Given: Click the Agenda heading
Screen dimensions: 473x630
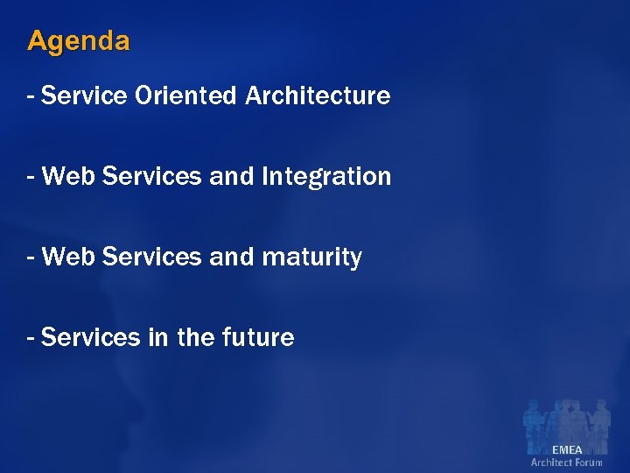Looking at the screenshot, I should pos(79,41).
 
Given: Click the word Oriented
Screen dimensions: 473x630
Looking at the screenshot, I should pos(185,95).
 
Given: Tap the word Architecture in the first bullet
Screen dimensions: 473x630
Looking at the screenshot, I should pos(318,95).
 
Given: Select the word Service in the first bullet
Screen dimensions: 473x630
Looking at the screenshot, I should pos(84,95).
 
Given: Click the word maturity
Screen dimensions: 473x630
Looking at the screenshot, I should pos(311,258).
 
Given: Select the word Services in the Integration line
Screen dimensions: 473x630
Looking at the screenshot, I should pos(152,177).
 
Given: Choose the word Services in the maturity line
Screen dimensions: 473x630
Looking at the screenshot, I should pos(152,258).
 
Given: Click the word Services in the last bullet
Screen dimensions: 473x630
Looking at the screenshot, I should pos(91,337).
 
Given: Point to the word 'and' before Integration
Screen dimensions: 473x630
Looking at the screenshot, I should pos(231,177).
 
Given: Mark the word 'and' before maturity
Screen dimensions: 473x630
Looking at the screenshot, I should pos(231,258).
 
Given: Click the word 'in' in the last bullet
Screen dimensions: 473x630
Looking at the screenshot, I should pos(158,337).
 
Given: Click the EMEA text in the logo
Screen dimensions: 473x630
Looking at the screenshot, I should pos(567,450).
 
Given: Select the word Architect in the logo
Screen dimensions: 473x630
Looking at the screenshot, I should pos(551,462).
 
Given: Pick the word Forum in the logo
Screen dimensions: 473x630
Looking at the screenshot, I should pos(588,462).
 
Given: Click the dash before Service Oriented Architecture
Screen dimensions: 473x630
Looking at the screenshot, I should pos(31,95).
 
